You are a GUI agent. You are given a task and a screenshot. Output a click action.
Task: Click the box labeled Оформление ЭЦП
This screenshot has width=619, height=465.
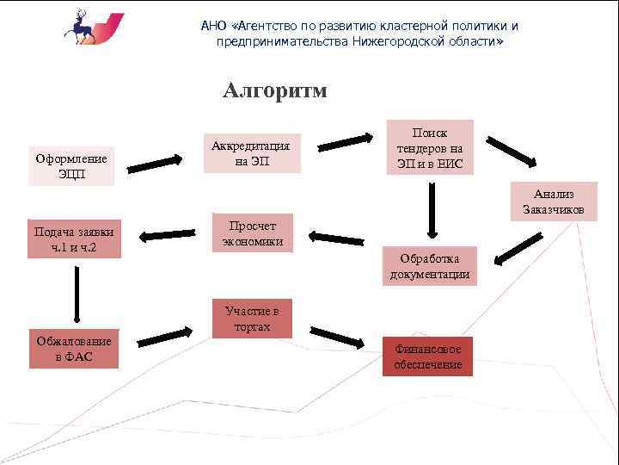pos(71,164)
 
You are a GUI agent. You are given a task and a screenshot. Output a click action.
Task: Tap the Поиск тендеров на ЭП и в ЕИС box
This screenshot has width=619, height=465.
pos(430,147)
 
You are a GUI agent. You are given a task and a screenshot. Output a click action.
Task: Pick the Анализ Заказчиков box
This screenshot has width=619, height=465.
pos(558,201)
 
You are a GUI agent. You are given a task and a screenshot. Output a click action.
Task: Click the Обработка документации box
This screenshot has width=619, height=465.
pos(430,266)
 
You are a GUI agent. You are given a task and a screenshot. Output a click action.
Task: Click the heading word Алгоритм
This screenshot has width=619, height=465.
pos(274,91)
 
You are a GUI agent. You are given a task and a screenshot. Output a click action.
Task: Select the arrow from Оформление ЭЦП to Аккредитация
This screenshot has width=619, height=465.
pos(160,160)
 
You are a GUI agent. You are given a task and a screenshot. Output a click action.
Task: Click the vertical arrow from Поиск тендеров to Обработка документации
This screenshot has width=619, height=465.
pos(432,210)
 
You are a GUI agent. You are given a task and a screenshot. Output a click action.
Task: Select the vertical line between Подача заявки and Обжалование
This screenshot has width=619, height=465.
pos(77,294)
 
